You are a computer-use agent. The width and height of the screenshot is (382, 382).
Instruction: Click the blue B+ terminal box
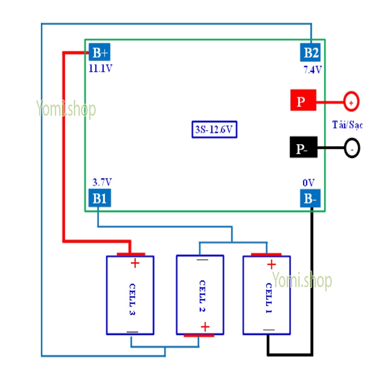100,53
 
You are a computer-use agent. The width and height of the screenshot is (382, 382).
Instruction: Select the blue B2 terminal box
311,53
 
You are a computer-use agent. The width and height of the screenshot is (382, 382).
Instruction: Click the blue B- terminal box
310,199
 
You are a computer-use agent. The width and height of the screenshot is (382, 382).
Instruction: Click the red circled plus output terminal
351,101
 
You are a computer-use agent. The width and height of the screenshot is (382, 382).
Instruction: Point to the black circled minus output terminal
352,149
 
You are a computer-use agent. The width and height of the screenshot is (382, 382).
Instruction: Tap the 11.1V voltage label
101,69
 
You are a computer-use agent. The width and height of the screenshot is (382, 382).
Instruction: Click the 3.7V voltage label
102,182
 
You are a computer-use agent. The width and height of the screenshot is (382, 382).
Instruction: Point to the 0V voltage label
309,183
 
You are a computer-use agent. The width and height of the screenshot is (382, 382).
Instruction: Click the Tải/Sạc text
348,125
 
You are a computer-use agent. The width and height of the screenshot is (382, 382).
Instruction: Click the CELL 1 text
269,297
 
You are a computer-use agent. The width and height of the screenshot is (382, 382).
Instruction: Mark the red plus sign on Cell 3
135,263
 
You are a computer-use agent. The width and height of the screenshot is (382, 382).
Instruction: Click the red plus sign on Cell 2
204,327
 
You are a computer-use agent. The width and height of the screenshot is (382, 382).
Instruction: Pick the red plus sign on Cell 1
271,264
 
